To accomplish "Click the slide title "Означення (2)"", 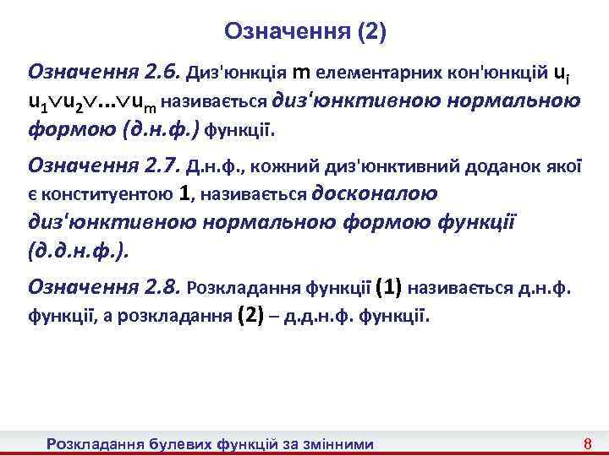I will (304, 32).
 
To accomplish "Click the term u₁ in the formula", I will (37, 103).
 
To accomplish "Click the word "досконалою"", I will (375, 193).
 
